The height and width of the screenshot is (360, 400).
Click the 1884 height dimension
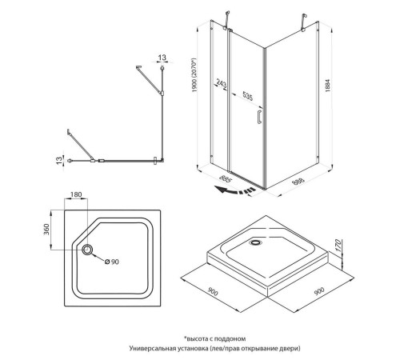[328, 86]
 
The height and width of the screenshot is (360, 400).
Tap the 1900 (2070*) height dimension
[194, 75]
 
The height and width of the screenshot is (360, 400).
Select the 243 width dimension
[222, 84]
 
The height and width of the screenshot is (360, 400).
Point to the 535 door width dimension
[247, 96]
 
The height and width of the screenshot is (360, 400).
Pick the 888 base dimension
[298, 182]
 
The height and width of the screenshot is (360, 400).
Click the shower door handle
[259, 117]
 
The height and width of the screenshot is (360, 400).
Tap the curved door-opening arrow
[234, 191]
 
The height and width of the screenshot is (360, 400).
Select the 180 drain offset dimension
[76, 194]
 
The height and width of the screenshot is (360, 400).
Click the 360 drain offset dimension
[46, 230]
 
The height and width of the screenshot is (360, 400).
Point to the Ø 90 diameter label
[112, 262]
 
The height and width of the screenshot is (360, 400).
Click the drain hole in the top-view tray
[87, 250]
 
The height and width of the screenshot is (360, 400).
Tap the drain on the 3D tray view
[256, 242]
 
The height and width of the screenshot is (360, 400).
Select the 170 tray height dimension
[338, 246]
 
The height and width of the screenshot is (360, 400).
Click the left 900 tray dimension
[213, 291]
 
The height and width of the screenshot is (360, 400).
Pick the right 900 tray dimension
[319, 291]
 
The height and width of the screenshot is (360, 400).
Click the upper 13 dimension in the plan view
[162, 58]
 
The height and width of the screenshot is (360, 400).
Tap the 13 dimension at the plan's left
[59, 160]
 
